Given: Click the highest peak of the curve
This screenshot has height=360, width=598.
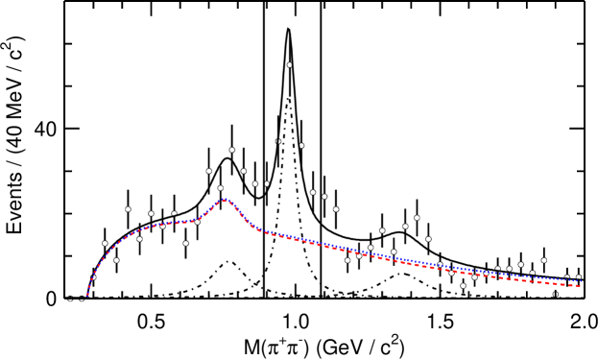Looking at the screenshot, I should click(226, 199).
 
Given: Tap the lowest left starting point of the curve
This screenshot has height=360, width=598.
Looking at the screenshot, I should click(87, 295).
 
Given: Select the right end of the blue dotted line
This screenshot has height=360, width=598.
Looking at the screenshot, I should click(582, 281).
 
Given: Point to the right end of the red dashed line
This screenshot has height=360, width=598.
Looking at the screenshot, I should click(582, 286).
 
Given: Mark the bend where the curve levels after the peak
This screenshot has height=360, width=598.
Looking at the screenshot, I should click(257, 229).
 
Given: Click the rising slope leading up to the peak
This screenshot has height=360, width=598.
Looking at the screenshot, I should click(210, 209).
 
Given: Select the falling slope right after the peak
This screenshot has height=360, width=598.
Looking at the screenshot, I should click(240, 213).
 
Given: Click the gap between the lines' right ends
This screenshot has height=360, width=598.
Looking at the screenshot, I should click(581, 283).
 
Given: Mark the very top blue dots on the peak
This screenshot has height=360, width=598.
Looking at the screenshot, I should click(226, 198).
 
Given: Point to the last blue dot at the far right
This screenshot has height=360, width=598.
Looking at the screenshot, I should click(582, 281).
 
